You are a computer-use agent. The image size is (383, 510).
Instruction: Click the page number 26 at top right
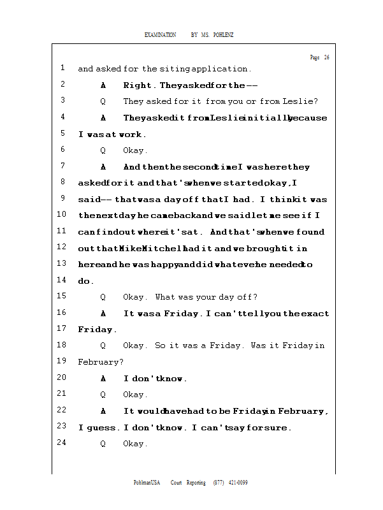pos(326,57)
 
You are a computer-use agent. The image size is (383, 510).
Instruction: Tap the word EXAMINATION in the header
pos(160,34)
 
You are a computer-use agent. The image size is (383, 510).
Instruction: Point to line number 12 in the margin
pos(62,247)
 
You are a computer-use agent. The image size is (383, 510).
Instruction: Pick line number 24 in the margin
pos(62,442)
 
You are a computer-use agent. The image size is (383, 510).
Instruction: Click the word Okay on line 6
pos(134,151)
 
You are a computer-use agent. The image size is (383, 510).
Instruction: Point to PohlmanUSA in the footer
pos(147,483)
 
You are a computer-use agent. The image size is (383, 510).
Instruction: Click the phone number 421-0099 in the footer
pos(238,483)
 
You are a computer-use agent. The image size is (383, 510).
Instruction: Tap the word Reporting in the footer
pos(196,483)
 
